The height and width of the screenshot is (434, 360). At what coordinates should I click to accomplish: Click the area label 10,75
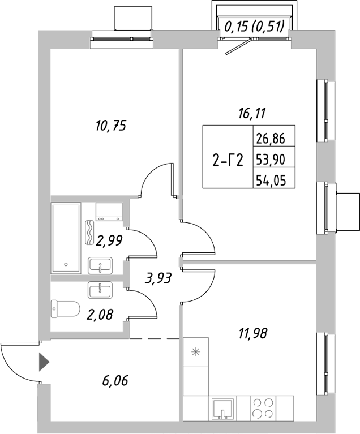(x=110, y=126)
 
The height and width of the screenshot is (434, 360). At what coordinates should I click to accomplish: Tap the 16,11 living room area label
(x=251, y=113)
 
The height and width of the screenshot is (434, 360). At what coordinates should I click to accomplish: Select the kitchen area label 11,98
(x=251, y=333)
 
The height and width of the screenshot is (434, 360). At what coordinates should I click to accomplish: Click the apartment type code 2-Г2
(x=228, y=161)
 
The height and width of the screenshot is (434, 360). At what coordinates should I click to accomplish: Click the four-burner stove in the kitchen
(x=264, y=407)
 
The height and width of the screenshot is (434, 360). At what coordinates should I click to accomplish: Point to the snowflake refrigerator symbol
(x=196, y=351)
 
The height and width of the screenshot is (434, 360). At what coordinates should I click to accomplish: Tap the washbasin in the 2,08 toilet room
(x=102, y=290)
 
